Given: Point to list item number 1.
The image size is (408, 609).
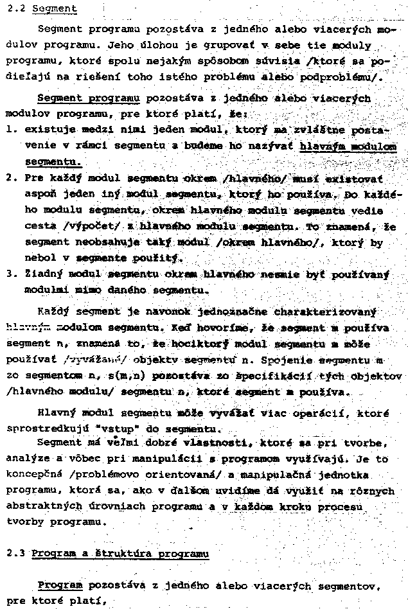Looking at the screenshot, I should click(x=9, y=129).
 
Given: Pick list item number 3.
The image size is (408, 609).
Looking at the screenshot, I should click(x=9, y=274).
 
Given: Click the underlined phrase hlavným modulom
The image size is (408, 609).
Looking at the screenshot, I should click(x=348, y=146).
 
